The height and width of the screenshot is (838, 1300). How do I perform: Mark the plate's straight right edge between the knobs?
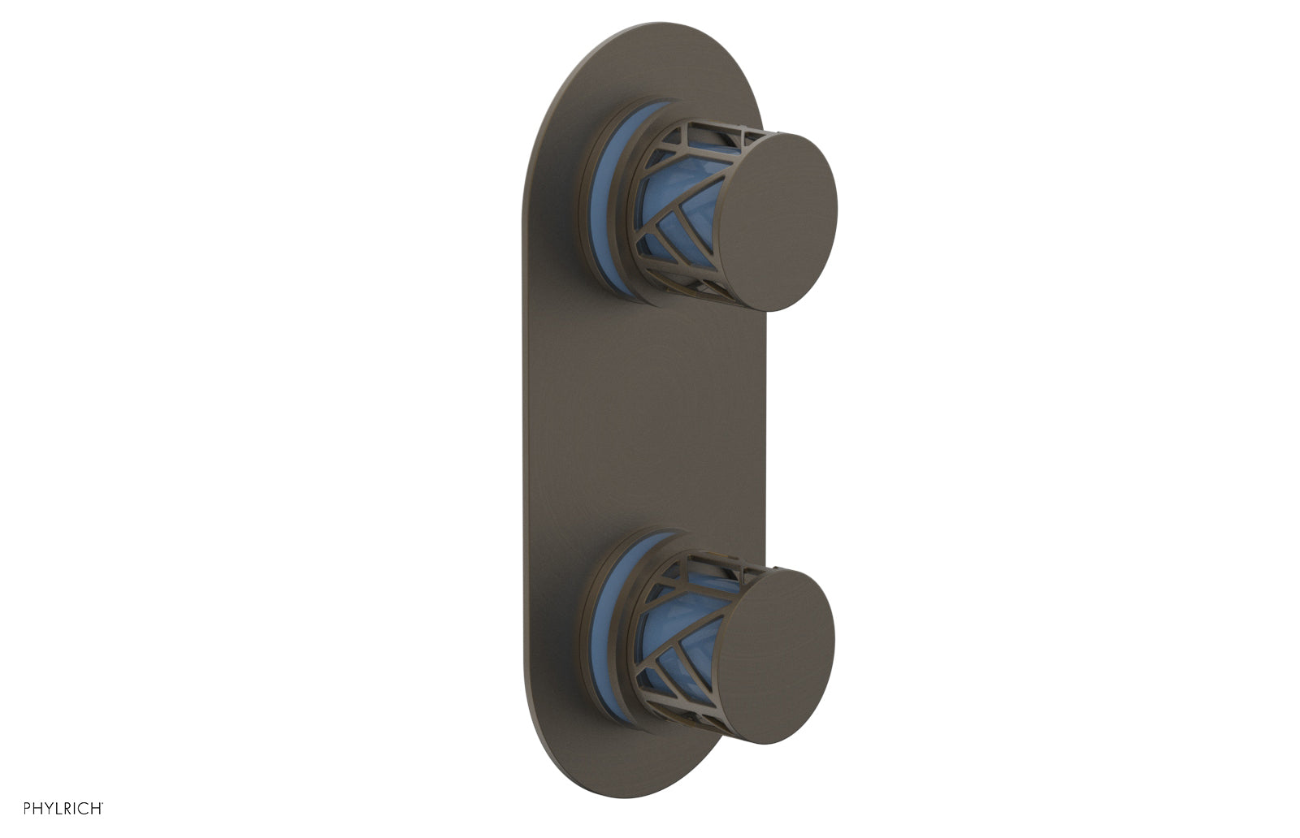click(x=763, y=422)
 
